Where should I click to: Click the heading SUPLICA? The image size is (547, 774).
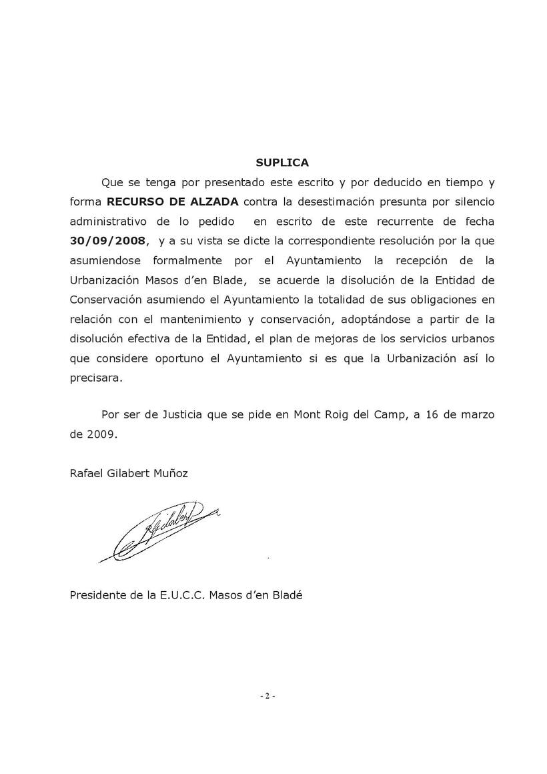point(282,162)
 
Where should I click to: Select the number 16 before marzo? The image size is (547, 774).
point(430,414)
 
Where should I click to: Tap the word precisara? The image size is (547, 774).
point(96,377)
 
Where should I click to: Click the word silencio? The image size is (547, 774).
point(472,201)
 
